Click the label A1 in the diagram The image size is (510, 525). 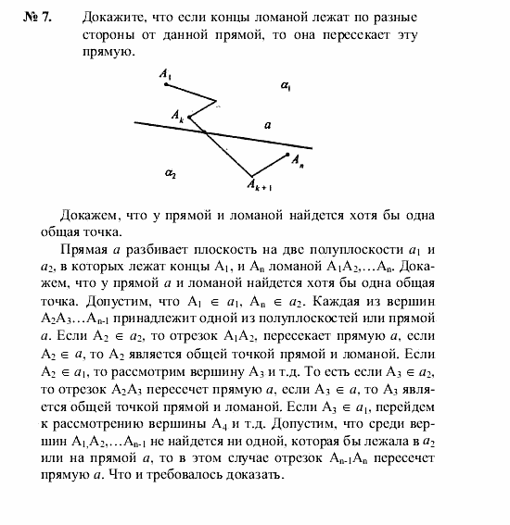[x=165, y=71]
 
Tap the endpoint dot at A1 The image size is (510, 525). [x=165, y=84]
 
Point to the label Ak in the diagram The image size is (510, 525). [x=177, y=114]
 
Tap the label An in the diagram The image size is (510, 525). [x=298, y=161]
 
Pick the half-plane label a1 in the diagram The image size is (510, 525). [x=286, y=86]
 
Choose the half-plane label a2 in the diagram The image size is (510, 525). [x=170, y=172]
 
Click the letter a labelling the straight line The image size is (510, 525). [x=267, y=123]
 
